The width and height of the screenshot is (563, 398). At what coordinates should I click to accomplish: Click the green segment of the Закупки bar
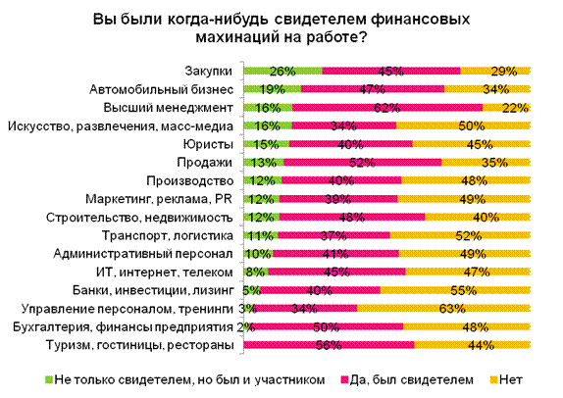(x=282, y=71)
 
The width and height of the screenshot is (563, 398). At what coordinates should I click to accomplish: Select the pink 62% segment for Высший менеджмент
(x=387, y=107)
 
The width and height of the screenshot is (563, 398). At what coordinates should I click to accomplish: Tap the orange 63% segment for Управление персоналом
(x=443, y=308)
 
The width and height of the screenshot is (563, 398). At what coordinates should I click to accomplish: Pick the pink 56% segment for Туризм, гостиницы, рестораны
(x=329, y=345)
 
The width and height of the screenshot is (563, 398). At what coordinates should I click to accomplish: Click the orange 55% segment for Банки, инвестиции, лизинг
(x=455, y=290)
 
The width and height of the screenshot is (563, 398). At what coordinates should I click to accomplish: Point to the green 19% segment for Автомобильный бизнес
(x=272, y=89)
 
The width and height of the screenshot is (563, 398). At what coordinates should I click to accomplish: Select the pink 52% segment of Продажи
(x=363, y=162)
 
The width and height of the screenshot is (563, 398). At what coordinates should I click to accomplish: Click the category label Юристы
(x=208, y=144)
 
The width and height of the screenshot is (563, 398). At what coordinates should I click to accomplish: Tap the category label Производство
(x=189, y=181)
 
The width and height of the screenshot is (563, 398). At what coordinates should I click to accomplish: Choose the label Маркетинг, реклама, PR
(x=159, y=199)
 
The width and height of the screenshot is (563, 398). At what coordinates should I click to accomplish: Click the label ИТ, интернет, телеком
(x=165, y=273)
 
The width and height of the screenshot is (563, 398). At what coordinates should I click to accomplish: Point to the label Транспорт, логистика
(x=168, y=236)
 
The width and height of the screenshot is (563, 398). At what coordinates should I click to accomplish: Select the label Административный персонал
(x=143, y=254)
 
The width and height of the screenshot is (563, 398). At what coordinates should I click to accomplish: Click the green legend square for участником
(x=48, y=379)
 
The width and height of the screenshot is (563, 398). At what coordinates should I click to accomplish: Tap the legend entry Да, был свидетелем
(x=407, y=379)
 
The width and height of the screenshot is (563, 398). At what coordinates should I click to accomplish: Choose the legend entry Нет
(x=506, y=379)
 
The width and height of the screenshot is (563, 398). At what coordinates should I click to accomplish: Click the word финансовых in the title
(x=421, y=19)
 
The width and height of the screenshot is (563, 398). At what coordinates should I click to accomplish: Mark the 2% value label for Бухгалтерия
(x=246, y=327)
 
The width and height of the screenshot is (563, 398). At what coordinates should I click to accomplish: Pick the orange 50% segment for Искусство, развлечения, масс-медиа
(x=464, y=125)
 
